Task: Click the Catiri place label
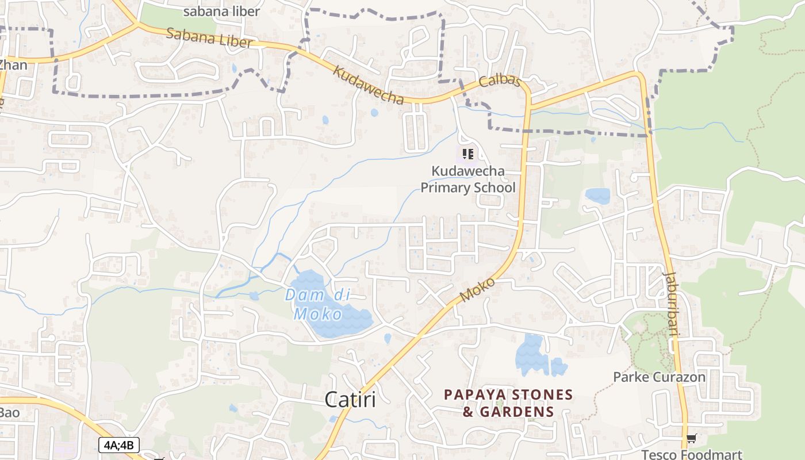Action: tap(350, 399)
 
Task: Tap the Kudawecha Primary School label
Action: tap(468, 179)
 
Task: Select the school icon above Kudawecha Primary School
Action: tap(467, 154)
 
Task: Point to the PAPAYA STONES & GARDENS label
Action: tap(508, 403)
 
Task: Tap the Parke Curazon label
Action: tap(659, 377)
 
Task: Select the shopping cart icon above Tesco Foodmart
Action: tap(691, 439)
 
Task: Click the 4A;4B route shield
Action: tap(119, 444)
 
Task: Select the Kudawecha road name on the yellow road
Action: tap(369, 86)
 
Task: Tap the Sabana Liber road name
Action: tap(209, 38)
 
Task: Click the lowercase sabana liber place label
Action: tap(221, 11)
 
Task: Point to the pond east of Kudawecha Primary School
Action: tap(597, 195)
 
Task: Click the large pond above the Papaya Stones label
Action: tap(531, 355)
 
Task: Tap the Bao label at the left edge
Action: tap(9, 412)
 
